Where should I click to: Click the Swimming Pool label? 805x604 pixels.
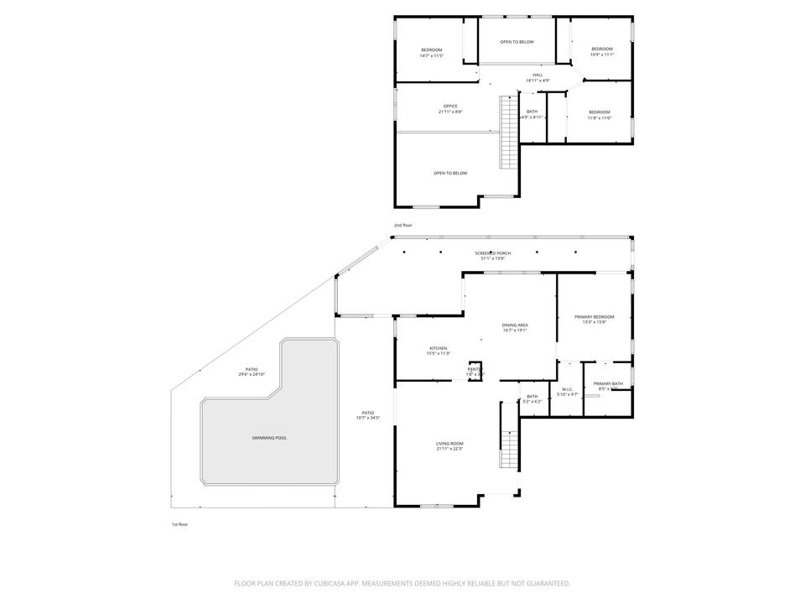point(269,438)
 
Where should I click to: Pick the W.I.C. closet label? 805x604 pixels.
point(568,391)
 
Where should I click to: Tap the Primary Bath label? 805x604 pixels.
point(608,386)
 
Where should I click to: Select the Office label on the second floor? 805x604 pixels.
point(450,108)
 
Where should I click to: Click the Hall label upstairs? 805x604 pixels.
point(538,77)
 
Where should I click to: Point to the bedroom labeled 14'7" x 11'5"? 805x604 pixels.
point(431,53)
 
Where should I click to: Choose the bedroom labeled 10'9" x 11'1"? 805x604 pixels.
point(602,51)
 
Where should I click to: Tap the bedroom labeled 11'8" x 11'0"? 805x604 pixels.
point(599,115)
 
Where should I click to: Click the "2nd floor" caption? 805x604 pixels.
point(403,225)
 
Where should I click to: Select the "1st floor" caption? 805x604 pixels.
point(179,523)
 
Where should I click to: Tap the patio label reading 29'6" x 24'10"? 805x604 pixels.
point(251,372)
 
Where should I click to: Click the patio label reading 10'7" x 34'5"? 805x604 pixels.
point(367,414)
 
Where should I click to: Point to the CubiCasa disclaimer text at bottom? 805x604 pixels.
point(402,583)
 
